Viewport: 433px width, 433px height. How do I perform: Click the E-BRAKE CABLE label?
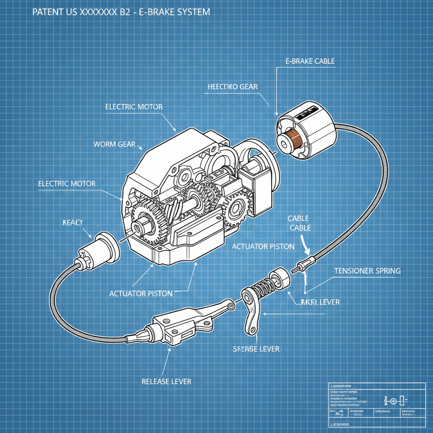pos(307,61)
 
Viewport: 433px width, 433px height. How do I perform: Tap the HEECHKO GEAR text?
pos(233,87)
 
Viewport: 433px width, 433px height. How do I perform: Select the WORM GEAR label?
pos(114,144)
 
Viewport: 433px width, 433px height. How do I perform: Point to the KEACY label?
pos(73,222)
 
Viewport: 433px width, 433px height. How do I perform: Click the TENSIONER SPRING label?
pos(367,271)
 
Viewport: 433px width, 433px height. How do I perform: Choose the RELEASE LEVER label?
pos(166,381)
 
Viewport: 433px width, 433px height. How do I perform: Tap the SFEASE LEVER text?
pos(256,349)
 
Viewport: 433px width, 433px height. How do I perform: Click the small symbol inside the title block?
pos(393,400)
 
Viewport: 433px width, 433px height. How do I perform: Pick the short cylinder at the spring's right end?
pos(281,277)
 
